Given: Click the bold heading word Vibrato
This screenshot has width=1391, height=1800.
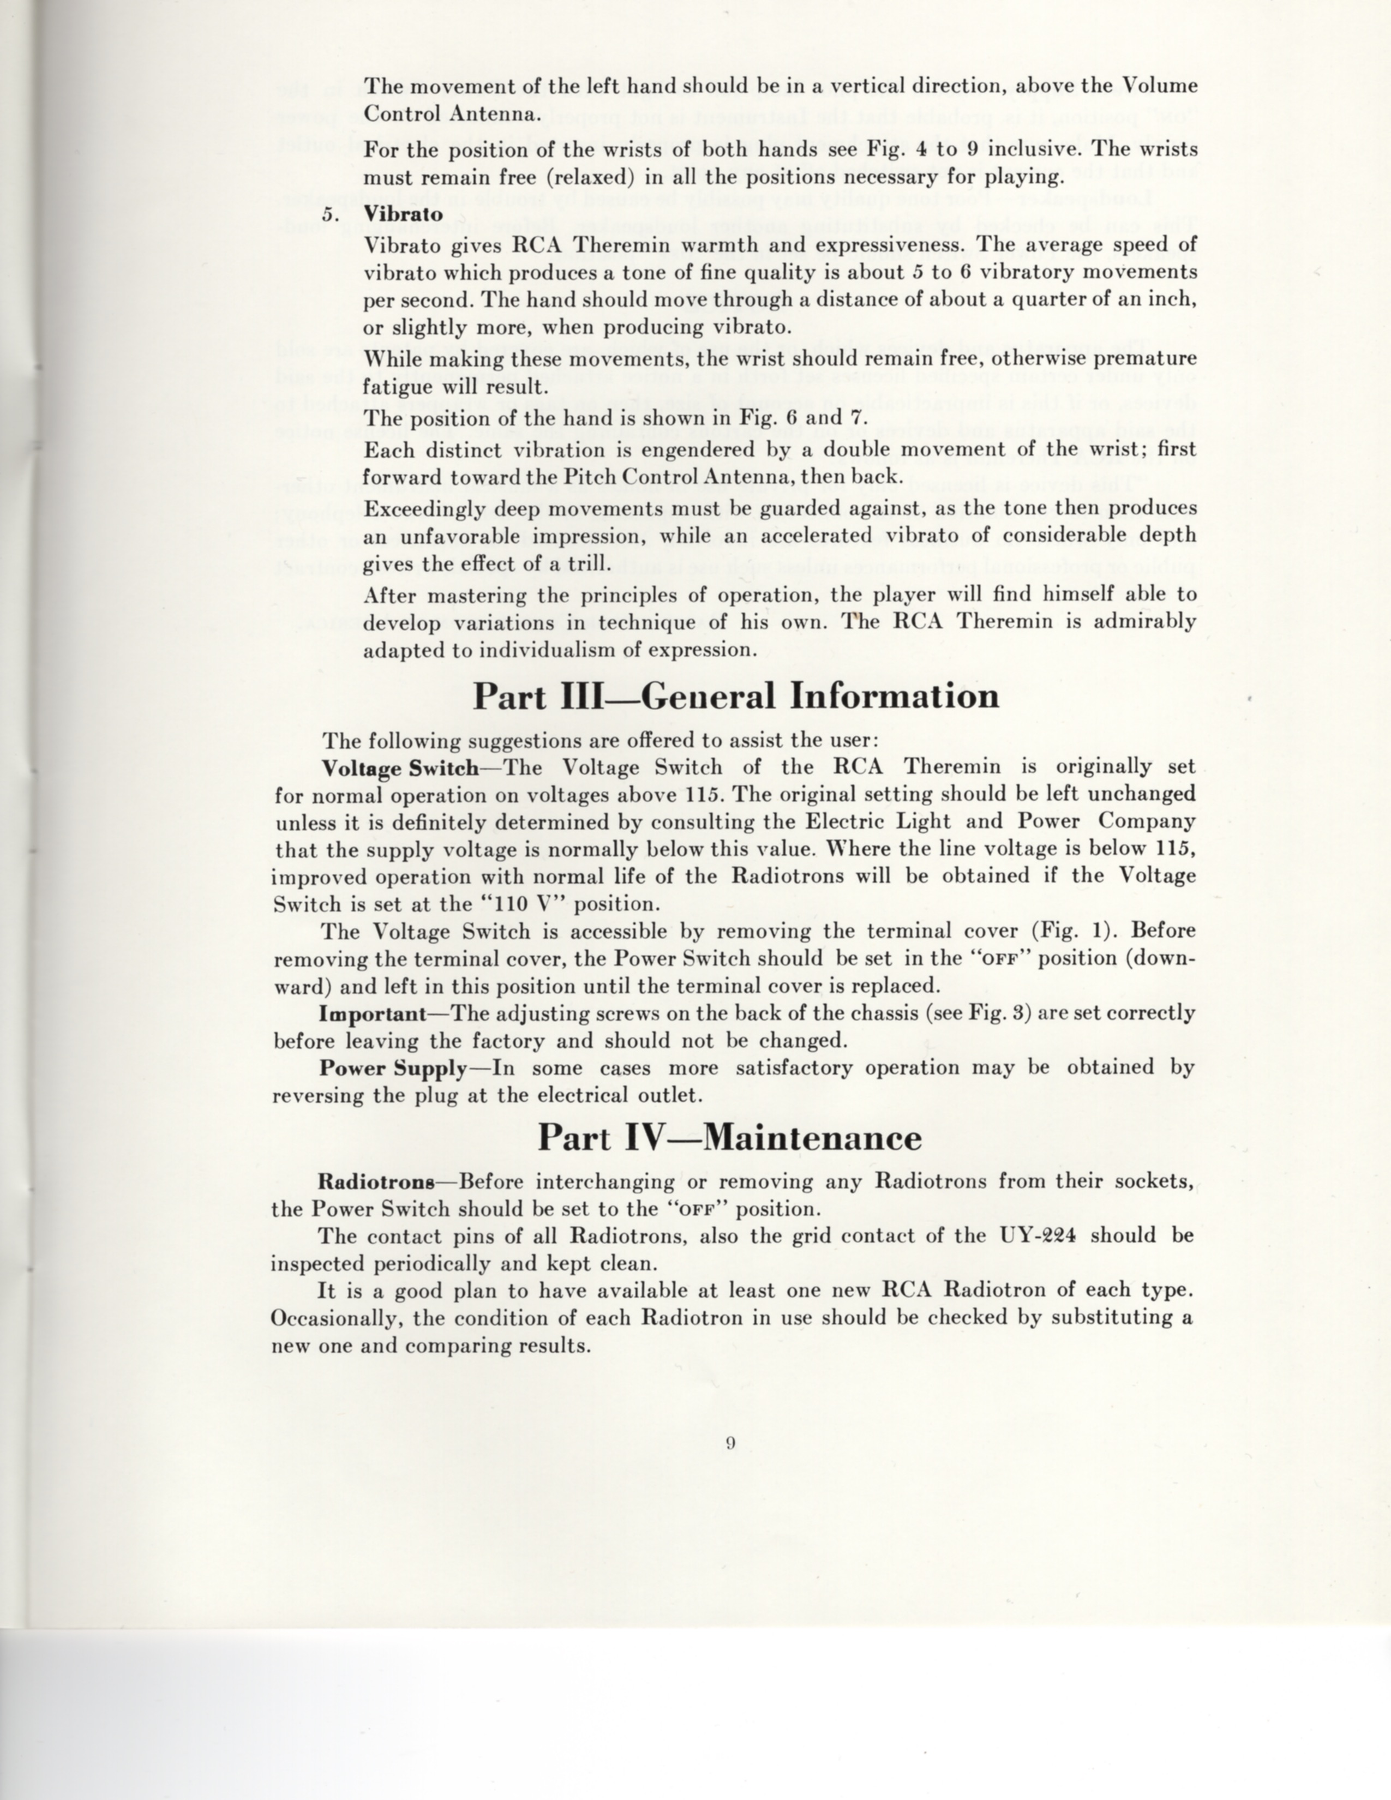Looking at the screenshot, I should click(403, 213).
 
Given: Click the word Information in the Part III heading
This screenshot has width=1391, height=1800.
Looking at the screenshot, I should click(894, 697).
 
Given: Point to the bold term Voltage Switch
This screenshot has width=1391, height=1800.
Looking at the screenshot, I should click(400, 768).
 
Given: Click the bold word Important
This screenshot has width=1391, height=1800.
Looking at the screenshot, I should click(373, 1013).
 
